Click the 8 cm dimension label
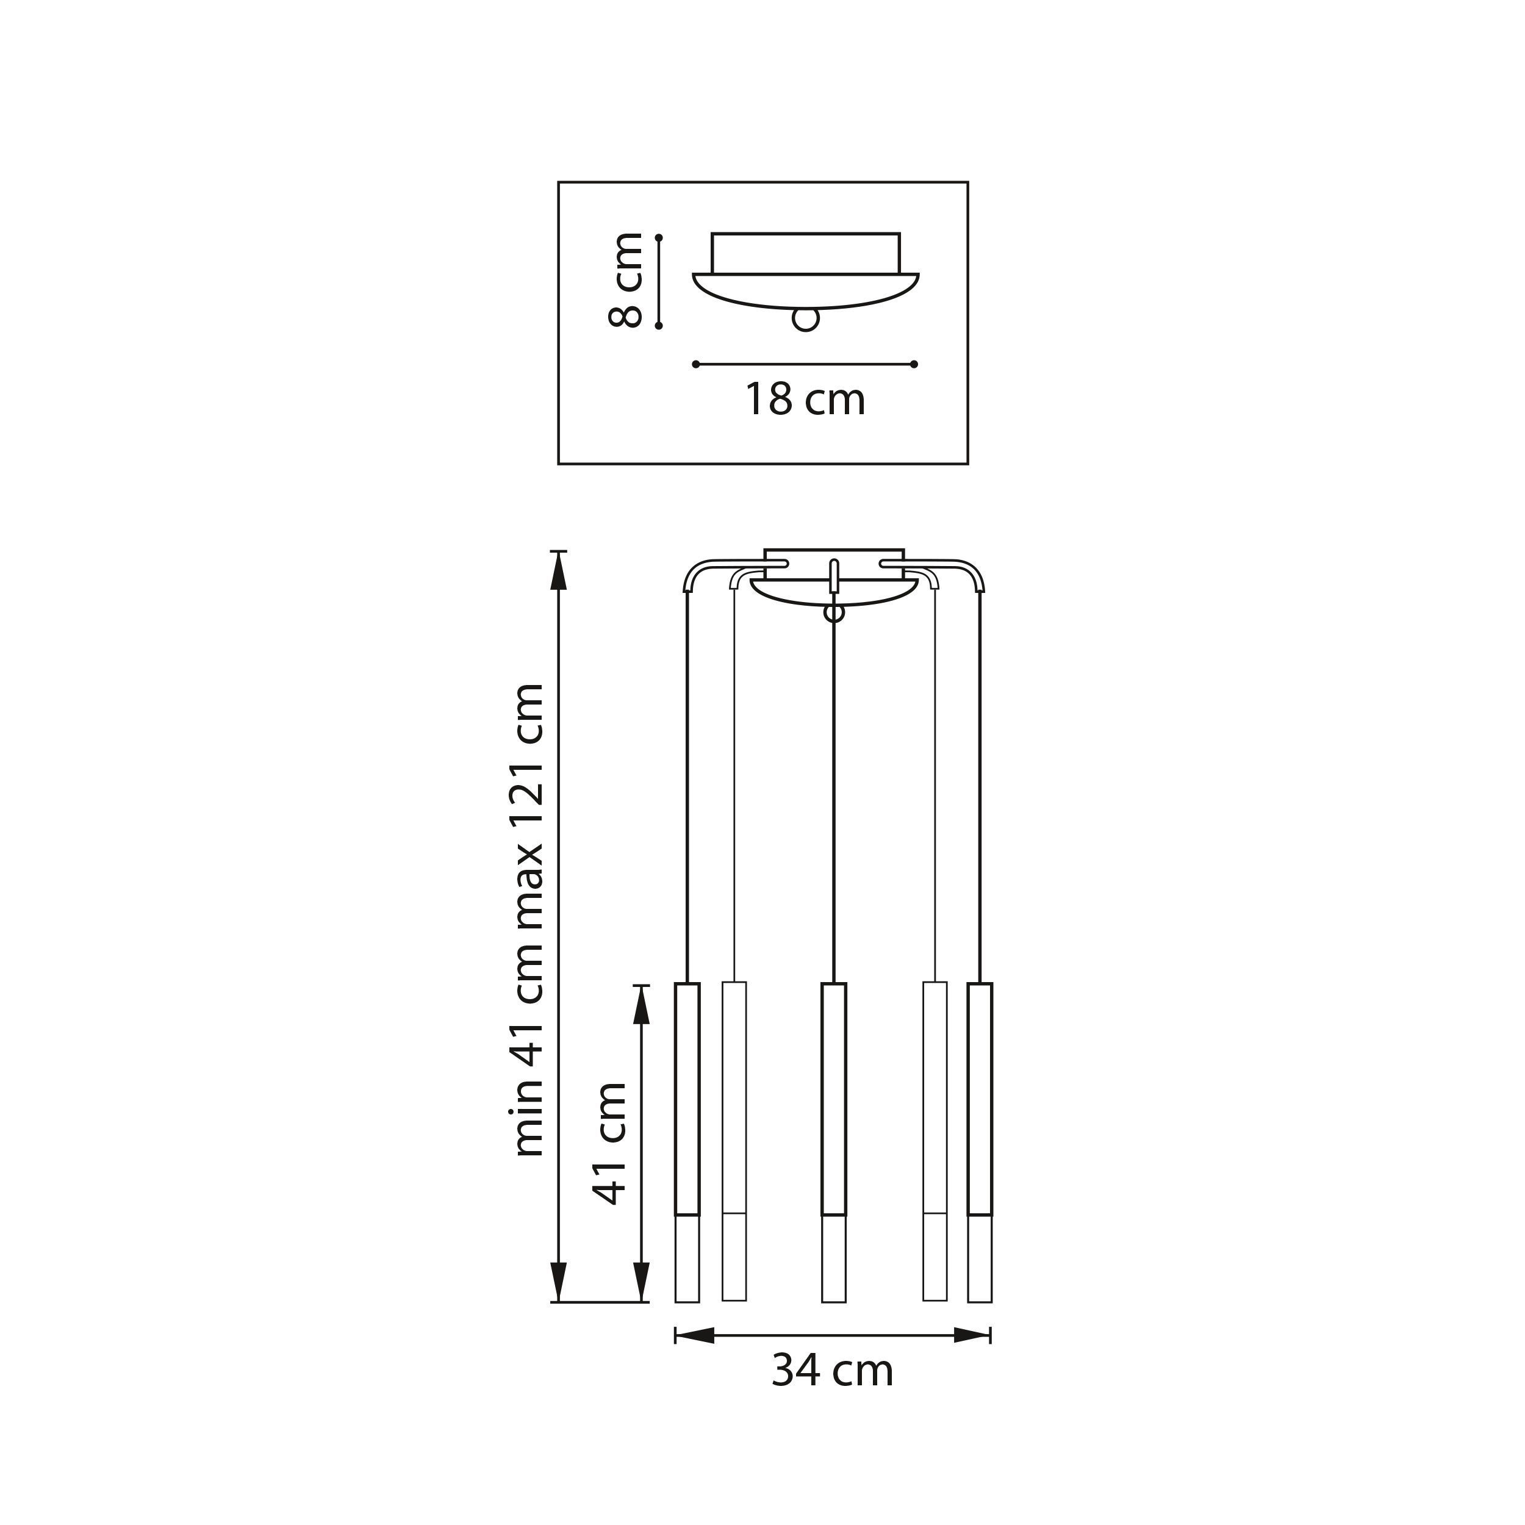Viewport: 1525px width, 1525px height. pos(626,280)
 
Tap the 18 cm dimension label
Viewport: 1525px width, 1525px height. pos(805,400)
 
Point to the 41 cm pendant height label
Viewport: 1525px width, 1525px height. pos(610,1144)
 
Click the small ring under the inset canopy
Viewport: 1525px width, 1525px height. pos(805,320)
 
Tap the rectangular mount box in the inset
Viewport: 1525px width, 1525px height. pos(805,253)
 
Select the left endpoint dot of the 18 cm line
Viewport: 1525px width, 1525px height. pos(695,365)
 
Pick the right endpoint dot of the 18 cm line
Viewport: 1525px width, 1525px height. pos(914,365)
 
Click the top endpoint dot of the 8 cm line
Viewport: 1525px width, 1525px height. pos(659,237)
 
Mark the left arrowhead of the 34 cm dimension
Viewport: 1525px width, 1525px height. pos(695,1335)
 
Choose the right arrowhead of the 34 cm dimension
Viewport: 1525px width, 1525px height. pos(971,1335)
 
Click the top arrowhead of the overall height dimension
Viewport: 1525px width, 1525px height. pos(559,571)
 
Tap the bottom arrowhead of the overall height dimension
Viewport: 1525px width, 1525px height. pos(559,1281)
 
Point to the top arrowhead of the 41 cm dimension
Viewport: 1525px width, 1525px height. pos(641,1005)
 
